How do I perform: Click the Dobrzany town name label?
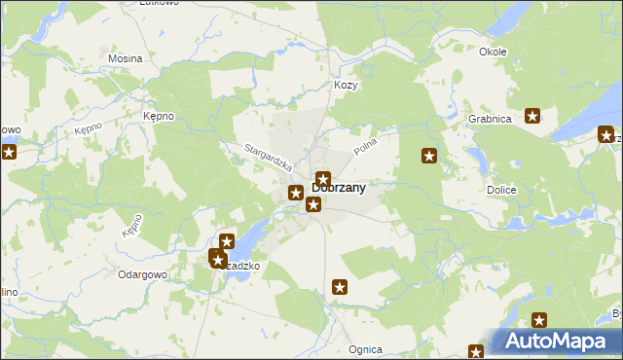[340, 189]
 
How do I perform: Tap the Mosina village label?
[126, 58]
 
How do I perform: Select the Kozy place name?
[347, 86]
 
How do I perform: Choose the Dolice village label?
[500, 190]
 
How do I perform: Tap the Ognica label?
[364, 349]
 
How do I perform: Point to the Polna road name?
[365, 147]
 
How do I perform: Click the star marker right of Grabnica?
[532, 117]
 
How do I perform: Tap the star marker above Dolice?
[428, 156]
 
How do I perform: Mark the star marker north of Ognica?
[340, 287]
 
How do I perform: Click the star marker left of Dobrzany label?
[295, 193]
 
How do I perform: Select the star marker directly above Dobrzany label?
[323, 179]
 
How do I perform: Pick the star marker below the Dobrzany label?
[313, 204]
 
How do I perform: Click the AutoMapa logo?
[557, 342]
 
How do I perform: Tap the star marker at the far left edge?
[9, 152]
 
